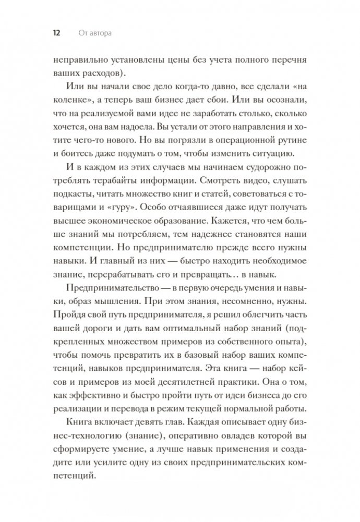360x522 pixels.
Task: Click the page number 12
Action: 55,34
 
